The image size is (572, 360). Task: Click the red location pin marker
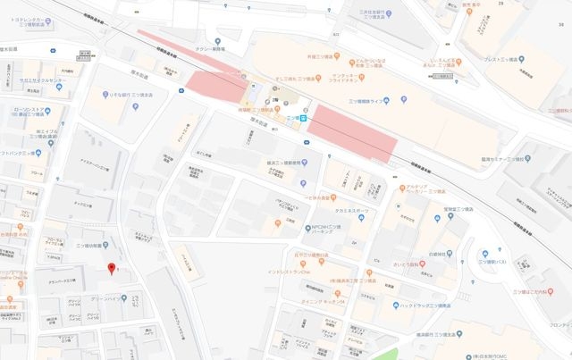coord(111,268)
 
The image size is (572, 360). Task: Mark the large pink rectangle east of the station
coord(350,132)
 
